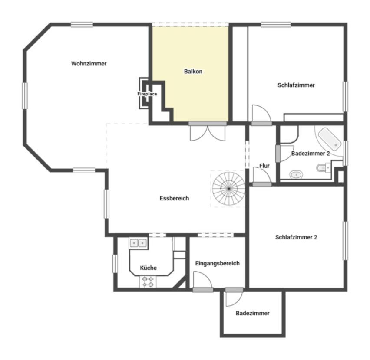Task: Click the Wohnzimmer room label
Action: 89,64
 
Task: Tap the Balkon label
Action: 193,72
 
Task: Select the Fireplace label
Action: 147,94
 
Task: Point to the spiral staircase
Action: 229,189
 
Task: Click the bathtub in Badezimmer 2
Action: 330,139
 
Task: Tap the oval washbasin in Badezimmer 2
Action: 296,175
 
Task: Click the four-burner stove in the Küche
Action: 148,282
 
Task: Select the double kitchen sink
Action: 138,243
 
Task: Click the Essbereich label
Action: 175,198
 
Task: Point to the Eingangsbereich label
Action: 217,263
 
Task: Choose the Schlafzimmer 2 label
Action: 296,237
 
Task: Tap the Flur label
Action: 264,166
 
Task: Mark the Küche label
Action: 148,268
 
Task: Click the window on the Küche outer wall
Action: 115,264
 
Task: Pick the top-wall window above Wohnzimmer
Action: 82,24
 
